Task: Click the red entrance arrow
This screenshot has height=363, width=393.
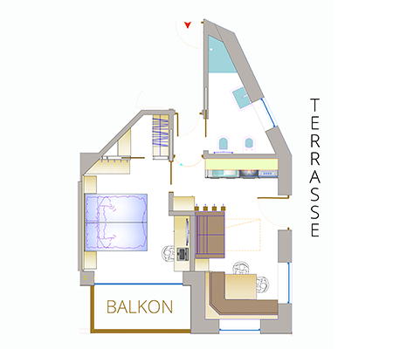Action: click(188, 24)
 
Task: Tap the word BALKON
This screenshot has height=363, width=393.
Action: click(140, 307)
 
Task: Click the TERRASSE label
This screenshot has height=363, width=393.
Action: click(314, 168)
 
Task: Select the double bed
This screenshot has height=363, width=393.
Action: click(116, 223)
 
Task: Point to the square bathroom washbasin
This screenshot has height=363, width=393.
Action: click(241, 99)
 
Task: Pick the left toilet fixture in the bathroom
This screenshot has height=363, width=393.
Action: click(223, 144)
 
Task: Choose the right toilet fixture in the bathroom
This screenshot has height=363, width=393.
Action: click(249, 144)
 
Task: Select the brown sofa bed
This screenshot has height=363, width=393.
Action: click(210, 235)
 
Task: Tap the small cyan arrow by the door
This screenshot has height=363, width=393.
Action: click(181, 165)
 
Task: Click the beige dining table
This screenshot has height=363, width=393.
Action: click(241, 286)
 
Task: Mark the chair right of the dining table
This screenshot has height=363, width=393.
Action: click(262, 284)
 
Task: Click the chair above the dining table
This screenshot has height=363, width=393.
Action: click(240, 268)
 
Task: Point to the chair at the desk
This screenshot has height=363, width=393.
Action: click(169, 253)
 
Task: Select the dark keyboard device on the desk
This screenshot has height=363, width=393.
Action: click(183, 254)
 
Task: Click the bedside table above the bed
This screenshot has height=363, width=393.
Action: click(90, 184)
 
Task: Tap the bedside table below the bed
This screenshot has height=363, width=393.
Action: click(90, 260)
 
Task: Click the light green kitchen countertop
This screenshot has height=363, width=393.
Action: click(241, 164)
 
